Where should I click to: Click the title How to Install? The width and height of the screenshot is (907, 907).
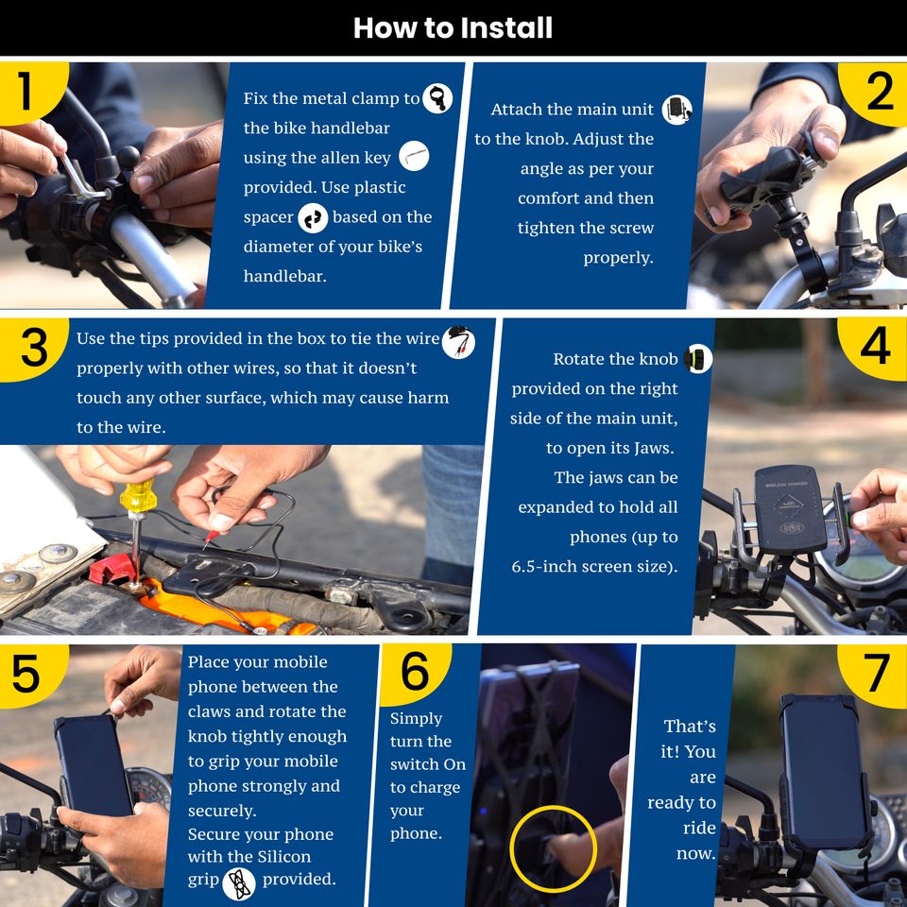pyautogui.click(x=453, y=27)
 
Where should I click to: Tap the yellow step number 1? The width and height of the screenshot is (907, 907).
pyautogui.click(x=25, y=91)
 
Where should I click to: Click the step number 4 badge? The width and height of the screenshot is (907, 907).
pyautogui.click(x=875, y=346)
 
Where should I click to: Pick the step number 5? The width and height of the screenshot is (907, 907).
pyautogui.click(x=26, y=674)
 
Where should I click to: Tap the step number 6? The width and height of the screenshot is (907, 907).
pyautogui.click(x=416, y=671)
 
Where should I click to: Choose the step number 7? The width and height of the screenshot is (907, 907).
pyautogui.click(x=878, y=672)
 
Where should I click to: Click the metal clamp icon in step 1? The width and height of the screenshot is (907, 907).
pyautogui.click(x=437, y=97)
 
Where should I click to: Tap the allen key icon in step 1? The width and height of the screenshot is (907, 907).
pyautogui.click(x=414, y=156)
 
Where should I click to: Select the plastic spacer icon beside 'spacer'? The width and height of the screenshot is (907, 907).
pyautogui.click(x=313, y=218)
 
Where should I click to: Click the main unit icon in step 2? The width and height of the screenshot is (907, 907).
pyautogui.click(x=677, y=110)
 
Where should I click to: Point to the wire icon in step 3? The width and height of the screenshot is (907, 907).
pyautogui.click(x=459, y=342)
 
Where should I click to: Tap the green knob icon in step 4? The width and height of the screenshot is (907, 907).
pyautogui.click(x=698, y=359)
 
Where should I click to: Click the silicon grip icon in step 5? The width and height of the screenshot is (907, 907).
pyautogui.click(x=239, y=883)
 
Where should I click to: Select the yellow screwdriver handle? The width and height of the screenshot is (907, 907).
pyautogui.click(x=138, y=497)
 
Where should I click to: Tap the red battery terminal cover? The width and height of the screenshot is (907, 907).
pyautogui.click(x=112, y=570)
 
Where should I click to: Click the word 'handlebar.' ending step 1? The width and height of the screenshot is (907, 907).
pyautogui.click(x=284, y=276)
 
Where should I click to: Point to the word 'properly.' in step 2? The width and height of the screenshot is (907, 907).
pyautogui.click(x=618, y=258)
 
